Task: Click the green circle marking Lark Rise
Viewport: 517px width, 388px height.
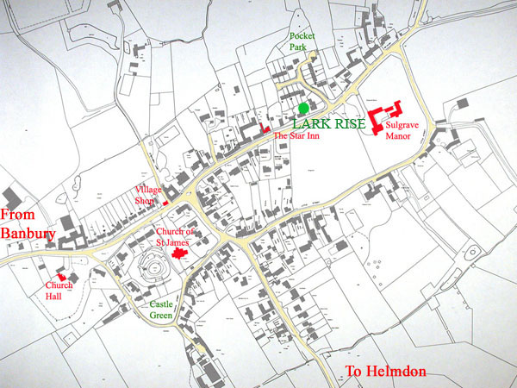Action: [304, 108]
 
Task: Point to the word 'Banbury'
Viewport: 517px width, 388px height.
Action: [28, 234]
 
